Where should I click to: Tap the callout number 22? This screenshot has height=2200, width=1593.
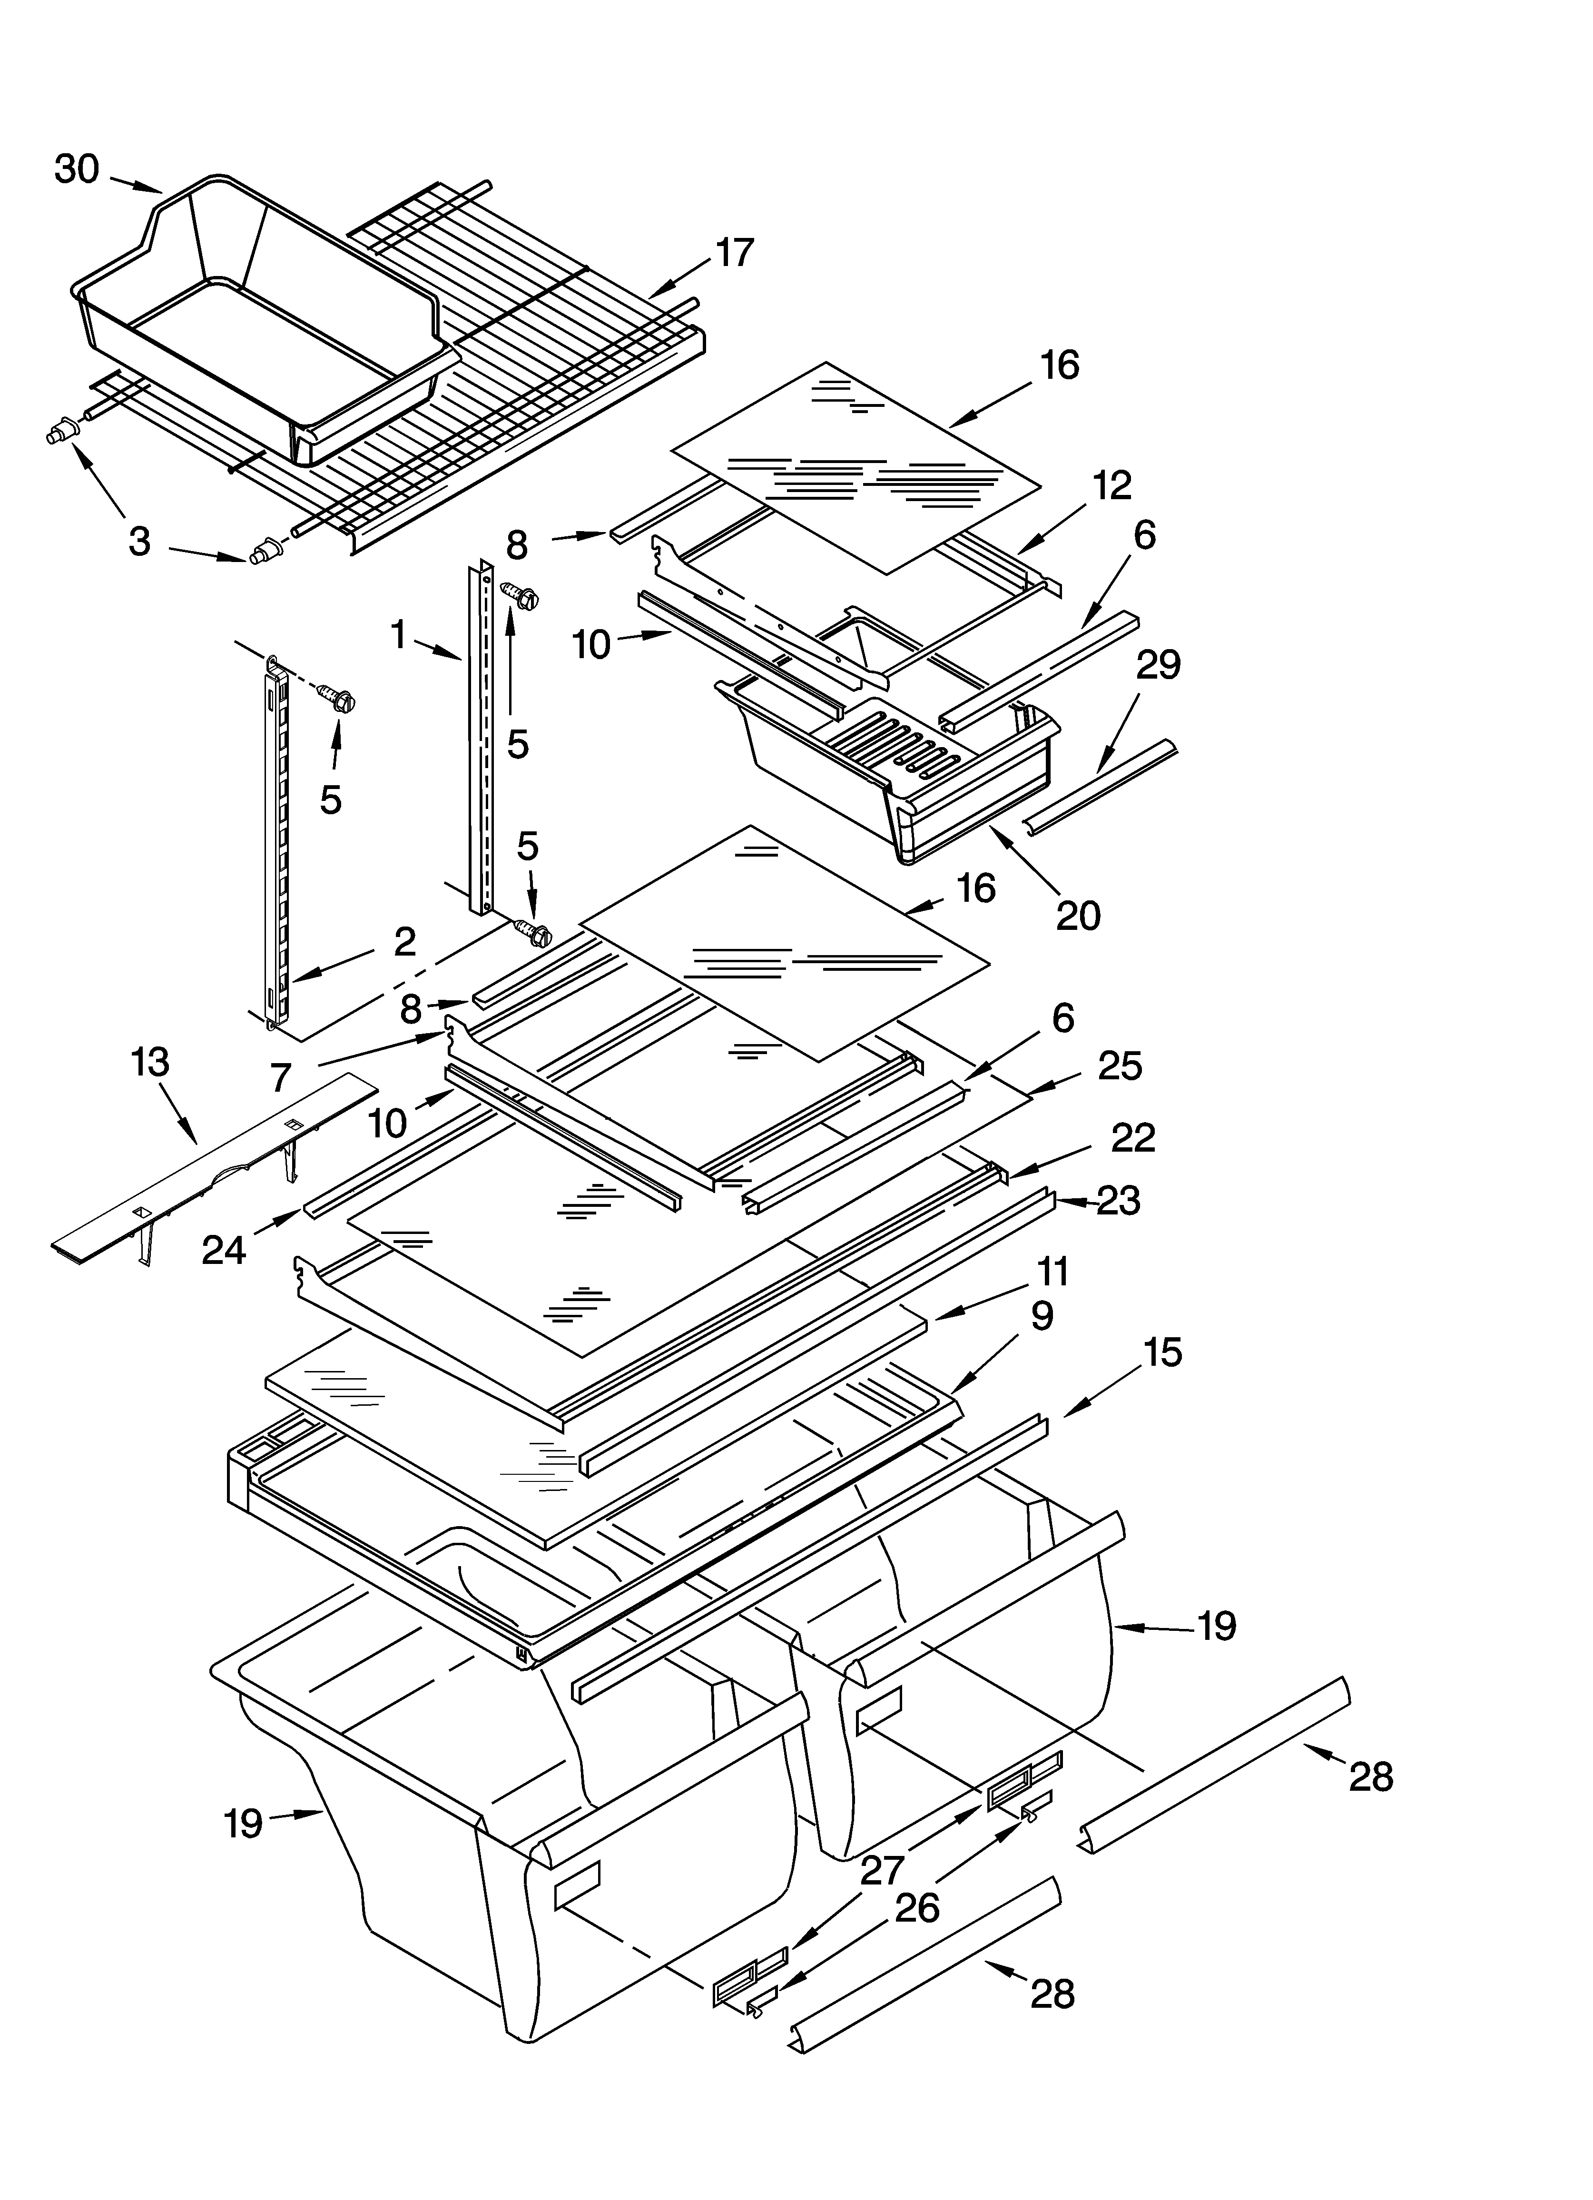1132,1138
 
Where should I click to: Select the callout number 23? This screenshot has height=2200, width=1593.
1118,1201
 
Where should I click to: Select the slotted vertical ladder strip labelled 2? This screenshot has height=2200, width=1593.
274,844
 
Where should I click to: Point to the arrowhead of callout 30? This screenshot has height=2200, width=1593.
155,189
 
